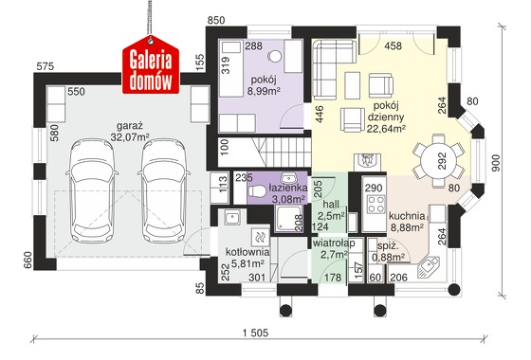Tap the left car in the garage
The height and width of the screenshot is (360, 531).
(92, 190)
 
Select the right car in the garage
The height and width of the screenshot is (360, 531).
(163, 190)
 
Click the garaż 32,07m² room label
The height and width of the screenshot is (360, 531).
(130, 132)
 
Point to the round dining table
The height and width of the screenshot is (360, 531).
(438, 160)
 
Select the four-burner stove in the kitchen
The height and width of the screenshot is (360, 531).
(376, 204)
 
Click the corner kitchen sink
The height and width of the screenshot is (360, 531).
(429, 266)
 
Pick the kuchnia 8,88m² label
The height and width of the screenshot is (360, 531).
(407, 222)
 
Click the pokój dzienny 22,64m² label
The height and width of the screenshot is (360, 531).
(386, 117)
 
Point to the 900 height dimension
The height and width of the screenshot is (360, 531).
(495, 163)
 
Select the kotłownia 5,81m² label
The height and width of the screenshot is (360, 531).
(247, 257)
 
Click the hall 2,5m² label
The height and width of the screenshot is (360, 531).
(331, 209)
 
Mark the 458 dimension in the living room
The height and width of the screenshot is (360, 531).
(394, 45)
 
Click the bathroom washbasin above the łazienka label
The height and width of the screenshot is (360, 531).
(288, 178)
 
